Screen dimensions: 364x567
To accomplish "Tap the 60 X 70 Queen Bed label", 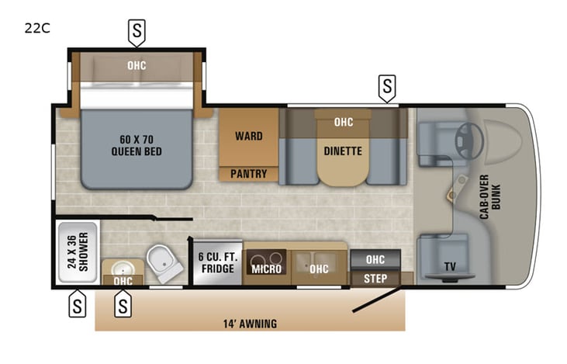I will tap(137, 145).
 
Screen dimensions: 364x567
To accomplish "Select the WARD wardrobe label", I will tap(248, 136).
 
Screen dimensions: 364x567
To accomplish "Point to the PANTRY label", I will tap(248, 174).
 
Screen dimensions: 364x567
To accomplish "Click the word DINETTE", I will tap(343, 151).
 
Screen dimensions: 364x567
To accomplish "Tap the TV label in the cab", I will tap(450, 267).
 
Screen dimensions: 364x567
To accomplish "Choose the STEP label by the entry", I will tap(376, 278).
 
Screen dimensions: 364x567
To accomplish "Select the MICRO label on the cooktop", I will tap(266, 269).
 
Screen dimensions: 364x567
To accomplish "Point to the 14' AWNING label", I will tap(250, 324).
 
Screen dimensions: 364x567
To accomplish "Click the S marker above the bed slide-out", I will tap(137, 32).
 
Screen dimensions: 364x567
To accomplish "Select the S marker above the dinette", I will tap(386, 85).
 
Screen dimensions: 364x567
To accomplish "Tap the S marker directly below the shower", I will tap(77, 303).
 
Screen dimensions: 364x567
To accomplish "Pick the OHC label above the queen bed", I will tap(137, 65).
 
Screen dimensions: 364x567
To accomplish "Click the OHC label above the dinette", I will tap(343, 122).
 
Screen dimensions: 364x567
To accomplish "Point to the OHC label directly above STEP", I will tap(376, 259).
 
